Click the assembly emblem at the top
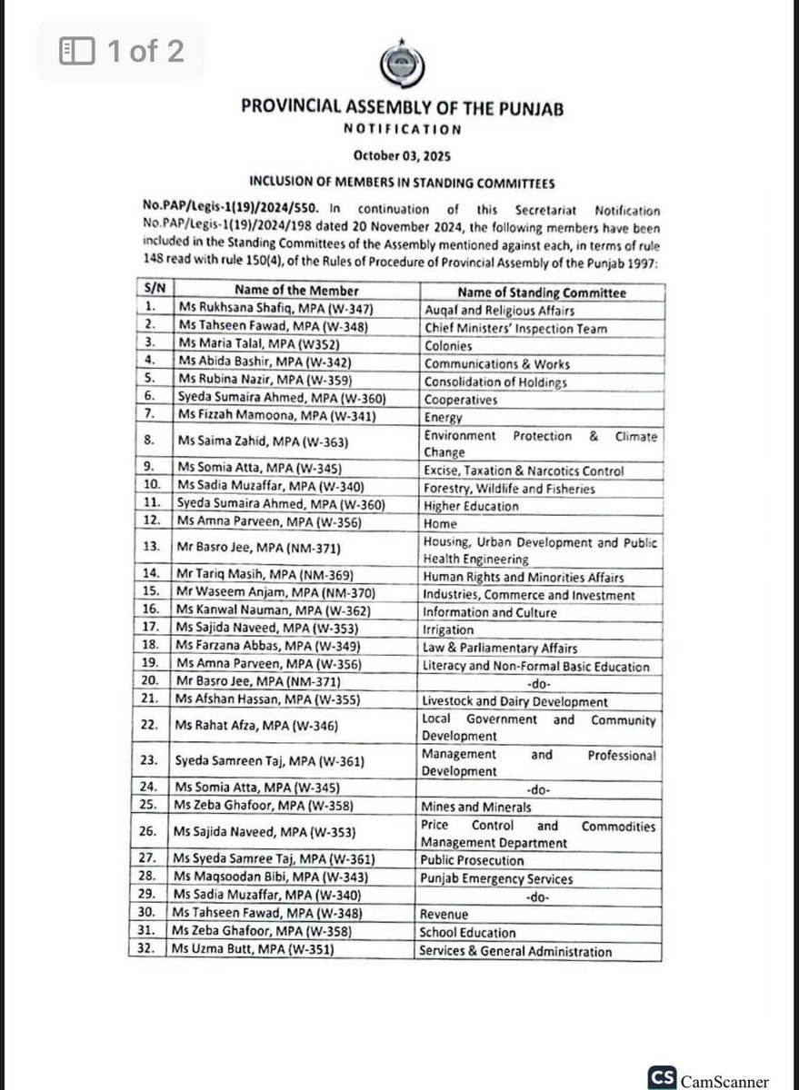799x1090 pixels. (x=399, y=64)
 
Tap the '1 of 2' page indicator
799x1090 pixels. (x=122, y=51)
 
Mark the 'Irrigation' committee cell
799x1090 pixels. (x=447, y=629)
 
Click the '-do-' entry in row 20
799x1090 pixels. (x=539, y=683)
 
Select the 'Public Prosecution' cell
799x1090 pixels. (x=471, y=859)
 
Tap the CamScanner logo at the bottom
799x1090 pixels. (x=708, y=1077)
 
